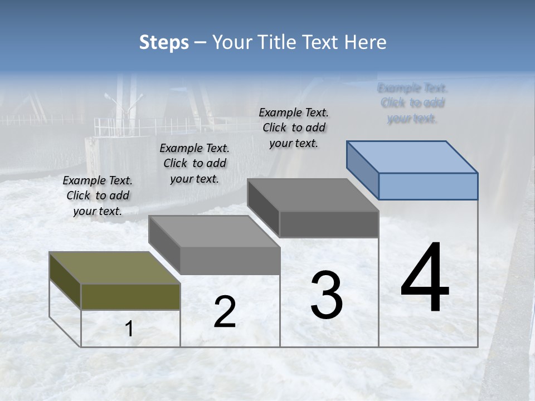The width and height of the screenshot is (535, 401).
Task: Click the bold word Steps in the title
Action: tap(164, 42)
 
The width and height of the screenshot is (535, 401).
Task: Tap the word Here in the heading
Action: tap(365, 42)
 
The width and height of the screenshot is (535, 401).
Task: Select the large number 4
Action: tap(425, 278)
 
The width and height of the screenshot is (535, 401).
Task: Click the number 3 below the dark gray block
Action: tap(327, 295)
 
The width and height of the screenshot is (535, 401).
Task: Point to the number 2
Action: tap(225, 312)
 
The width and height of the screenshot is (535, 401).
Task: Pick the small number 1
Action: tap(129, 329)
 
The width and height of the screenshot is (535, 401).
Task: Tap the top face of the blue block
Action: tap(412, 157)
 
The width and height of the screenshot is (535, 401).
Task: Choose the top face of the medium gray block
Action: tap(214, 231)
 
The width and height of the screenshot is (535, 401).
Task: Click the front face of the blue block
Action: tap(428, 186)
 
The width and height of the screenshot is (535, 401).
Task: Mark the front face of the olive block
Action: tap(130, 296)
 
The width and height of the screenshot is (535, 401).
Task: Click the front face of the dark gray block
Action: tap(329, 224)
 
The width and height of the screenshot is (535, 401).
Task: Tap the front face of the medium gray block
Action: tap(230, 260)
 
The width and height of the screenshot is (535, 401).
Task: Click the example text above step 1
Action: tap(98, 195)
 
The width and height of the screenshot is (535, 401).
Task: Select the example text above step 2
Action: tap(194, 163)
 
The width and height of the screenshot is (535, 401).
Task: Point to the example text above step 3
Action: tap(294, 128)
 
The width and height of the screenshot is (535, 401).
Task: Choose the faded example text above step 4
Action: tap(412, 103)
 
